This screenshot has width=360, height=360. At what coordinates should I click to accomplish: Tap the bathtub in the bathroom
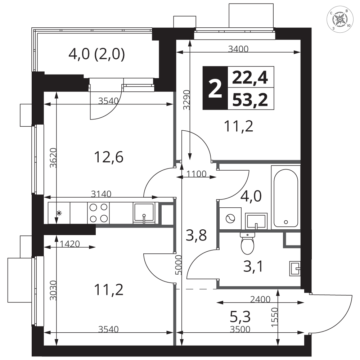286,198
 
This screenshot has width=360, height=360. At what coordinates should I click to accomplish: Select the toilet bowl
248,244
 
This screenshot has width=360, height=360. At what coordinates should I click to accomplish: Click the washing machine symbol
230,219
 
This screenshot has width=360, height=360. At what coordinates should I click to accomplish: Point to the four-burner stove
98,213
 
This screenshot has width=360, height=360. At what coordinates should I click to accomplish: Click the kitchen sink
144,213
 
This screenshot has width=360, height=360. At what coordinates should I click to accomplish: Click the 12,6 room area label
109,157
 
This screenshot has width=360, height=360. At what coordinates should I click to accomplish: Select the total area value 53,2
250,100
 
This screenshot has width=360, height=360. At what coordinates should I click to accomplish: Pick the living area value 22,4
250,78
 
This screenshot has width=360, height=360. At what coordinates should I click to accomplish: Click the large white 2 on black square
215,88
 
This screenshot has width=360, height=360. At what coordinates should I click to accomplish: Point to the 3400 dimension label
238,49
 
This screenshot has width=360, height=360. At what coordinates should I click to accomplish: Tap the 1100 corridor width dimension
196,174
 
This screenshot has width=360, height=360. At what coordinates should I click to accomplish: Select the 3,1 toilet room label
253,266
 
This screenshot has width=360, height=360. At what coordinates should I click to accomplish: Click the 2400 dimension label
260,300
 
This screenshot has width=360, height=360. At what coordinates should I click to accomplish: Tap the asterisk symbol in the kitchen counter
59,213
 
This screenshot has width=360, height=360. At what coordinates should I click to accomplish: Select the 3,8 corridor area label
196,236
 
